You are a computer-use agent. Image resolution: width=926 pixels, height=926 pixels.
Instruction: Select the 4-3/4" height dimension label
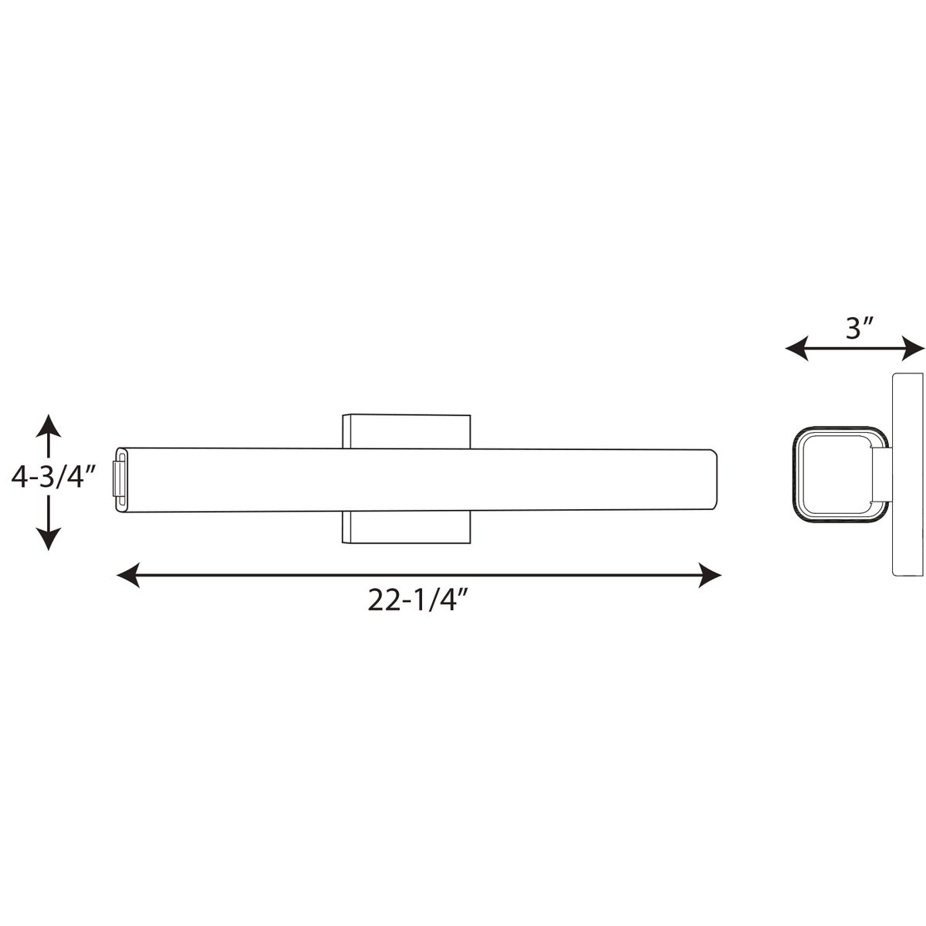pyautogui.click(x=54, y=478)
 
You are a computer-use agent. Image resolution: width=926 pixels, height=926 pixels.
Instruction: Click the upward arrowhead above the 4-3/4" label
pyautogui.click(x=48, y=425)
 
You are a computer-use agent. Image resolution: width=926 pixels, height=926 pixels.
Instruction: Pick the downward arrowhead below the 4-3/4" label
pyautogui.click(x=48, y=538)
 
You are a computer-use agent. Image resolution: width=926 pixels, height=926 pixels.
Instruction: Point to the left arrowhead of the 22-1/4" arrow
pyautogui.click(x=128, y=574)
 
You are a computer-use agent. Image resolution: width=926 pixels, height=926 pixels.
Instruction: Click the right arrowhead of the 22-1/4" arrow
pyautogui.click(x=709, y=574)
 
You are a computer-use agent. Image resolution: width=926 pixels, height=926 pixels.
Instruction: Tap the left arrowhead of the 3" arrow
pyautogui.click(x=796, y=347)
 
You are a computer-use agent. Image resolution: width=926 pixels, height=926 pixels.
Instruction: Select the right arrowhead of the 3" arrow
pyautogui.click(x=913, y=347)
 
